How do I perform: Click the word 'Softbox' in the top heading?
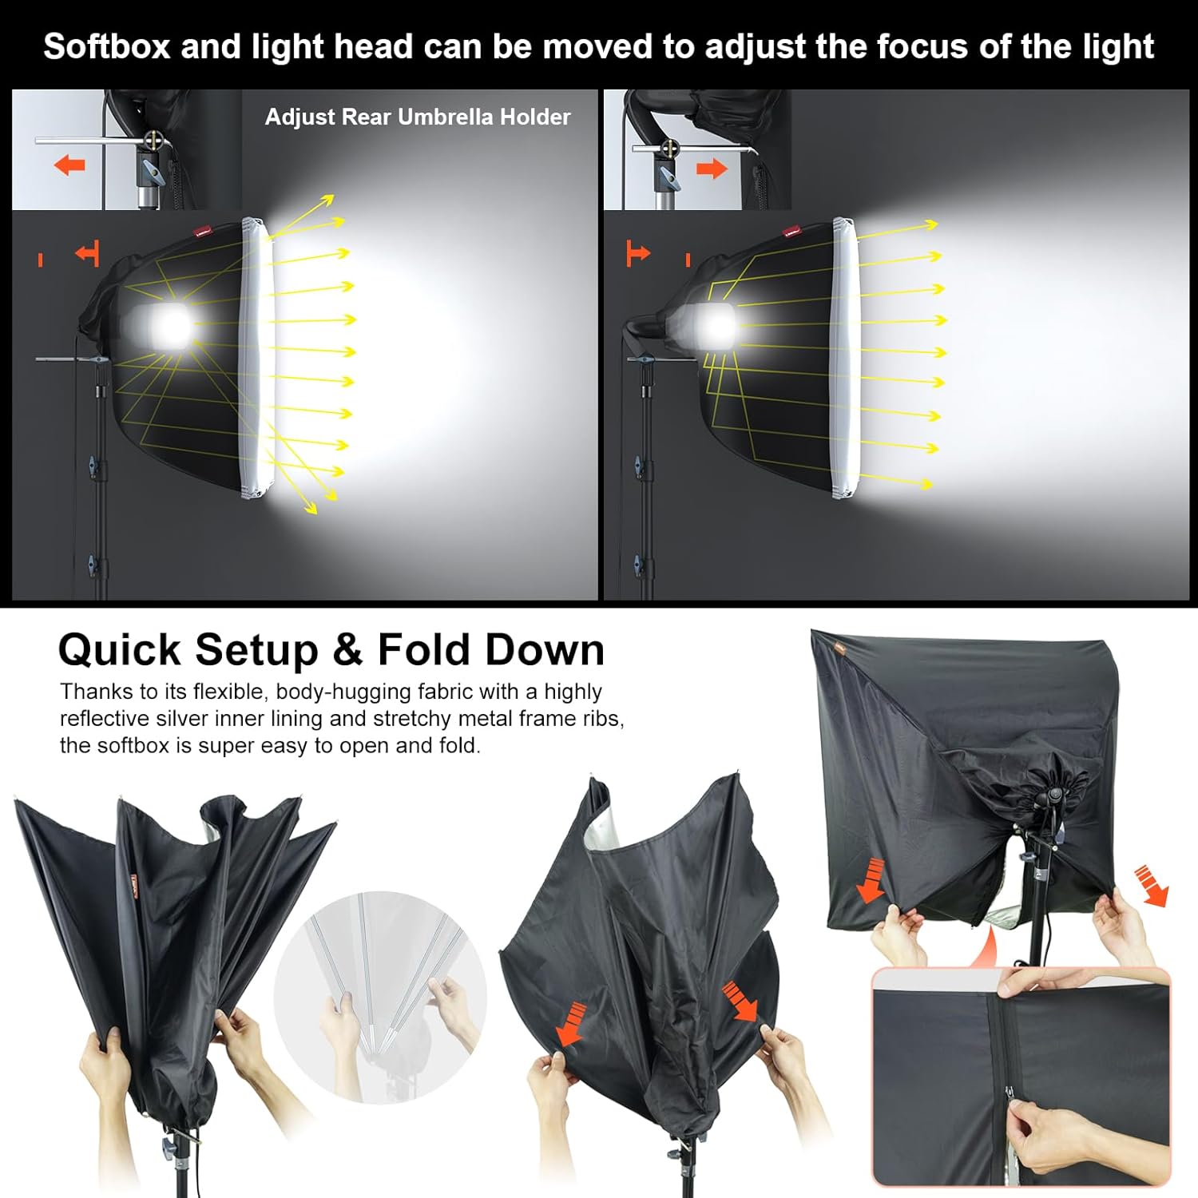[x=106, y=46]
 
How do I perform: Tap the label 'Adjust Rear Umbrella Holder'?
[x=418, y=117]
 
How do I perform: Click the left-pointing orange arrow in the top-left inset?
[x=69, y=165]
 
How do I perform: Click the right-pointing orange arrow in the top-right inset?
[x=712, y=169]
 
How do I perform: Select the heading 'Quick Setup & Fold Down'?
[x=331, y=649]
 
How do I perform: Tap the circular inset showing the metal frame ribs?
[x=380, y=998]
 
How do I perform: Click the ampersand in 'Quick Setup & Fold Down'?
[x=347, y=649]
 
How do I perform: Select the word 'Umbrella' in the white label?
[x=445, y=117]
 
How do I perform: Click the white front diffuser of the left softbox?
[x=257, y=359]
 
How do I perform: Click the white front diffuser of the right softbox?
[x=844, y=359]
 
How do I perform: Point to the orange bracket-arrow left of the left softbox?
[x=87, y=253]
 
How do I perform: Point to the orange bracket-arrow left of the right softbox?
[x=637, y=253]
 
